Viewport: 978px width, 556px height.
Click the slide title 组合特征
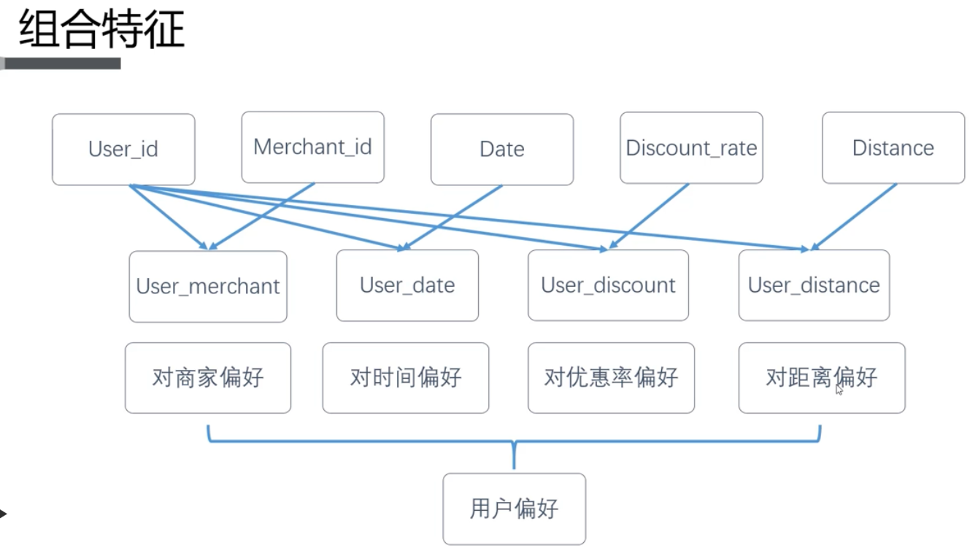[101, 31]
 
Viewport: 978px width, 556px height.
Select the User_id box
[123, 149]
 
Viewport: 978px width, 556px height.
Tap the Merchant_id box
[312, 147]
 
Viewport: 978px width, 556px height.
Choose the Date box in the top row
[501, 149]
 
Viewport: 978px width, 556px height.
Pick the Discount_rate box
[691, 147]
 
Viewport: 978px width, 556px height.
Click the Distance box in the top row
[893, 147]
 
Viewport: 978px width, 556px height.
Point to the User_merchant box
[208, 286]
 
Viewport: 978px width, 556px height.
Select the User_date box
[407, 285]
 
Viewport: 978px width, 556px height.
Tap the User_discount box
[608, 285]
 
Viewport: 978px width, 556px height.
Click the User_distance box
[814, 285]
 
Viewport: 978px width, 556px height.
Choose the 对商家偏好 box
[208, 377]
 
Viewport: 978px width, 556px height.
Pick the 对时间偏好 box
[406, 377]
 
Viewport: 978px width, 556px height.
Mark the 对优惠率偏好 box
[611, 377]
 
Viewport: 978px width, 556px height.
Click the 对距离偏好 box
[821, 377]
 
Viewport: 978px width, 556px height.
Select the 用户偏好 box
[514, 509]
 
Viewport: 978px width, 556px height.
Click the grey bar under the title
[61, 63]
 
